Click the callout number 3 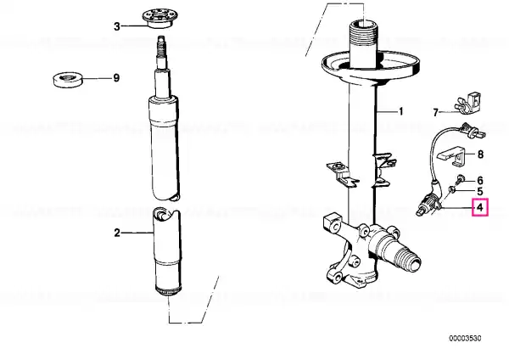pyautogui.click(x=117, y=26)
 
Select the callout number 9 pyautogui.click(x=116, y=78)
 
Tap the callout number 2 pyautogui.click(x=117, y=233)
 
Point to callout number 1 pyautogui.click(x=401, y=111)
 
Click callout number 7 pyautogui.click(x=436, y=112)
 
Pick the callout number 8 pyautogui.click(x=480, y=155)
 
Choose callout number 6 pyautogui.click(x=480, y=180)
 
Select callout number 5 pyautogui.click(x=480, y=191)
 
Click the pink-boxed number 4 pyautogui.click(x=480, y=207)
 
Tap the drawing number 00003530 pyautogui.click(x=465, y=338)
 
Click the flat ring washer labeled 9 pyautogui.click(x=68, y=80)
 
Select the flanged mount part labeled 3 pyautogui.click(x=159, y=19)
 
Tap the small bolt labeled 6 pyautogui.click(x=459, y=179)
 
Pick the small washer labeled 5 pyautogui.click(x=451, y=189)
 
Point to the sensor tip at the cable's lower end pyautogui.click(x=421, y=211)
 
